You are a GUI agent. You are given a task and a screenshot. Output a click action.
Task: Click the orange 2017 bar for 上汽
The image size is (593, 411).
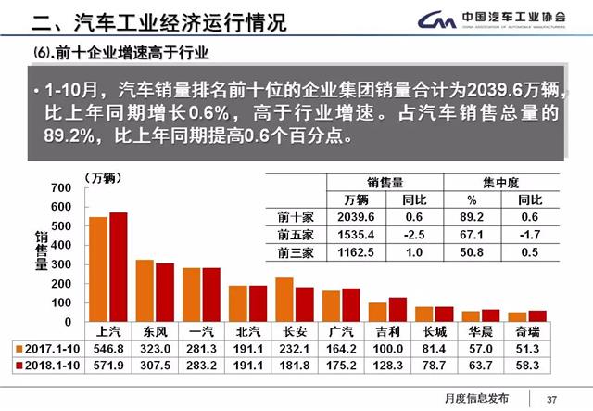pos(98,269)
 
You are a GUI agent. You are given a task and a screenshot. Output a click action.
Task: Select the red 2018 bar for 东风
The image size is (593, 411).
pos(164,292)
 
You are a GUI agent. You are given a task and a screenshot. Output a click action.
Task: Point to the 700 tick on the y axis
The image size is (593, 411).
pos(62,187)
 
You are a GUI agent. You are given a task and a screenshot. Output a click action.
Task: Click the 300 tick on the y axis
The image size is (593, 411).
pos(62,264)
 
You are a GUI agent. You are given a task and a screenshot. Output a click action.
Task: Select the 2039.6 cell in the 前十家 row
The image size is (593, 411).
pos(357,217)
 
